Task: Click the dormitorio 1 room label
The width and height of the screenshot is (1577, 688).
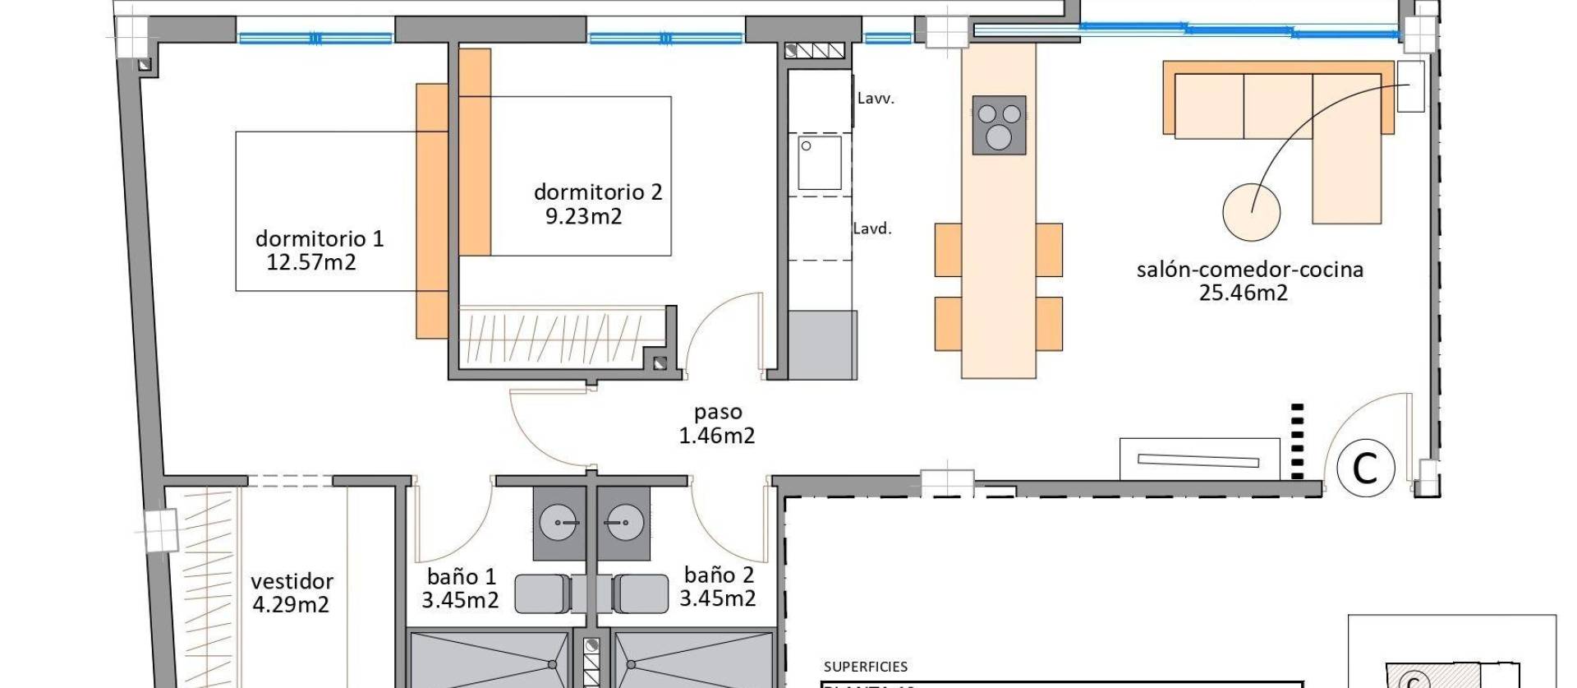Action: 319,238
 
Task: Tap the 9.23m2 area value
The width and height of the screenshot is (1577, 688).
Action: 583,216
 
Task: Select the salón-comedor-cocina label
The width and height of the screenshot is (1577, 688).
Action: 1249,269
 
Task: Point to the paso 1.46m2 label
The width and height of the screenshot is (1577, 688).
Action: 716,423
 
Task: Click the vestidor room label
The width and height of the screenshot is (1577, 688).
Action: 292,581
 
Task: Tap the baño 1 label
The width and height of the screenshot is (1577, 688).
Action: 461,576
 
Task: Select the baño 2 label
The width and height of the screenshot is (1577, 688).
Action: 718,575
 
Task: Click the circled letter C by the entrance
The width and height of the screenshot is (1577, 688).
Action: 1365,468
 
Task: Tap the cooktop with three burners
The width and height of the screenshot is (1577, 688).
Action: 999,125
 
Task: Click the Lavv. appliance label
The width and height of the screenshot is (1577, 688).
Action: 875,99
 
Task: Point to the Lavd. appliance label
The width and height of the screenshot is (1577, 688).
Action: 871,229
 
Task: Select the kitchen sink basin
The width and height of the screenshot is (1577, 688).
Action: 820,163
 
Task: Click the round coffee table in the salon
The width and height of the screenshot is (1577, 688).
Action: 1251,212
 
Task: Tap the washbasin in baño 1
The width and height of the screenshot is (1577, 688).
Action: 559,523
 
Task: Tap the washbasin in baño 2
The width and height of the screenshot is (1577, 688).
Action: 623,523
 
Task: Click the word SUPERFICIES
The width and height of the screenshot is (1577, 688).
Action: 865,667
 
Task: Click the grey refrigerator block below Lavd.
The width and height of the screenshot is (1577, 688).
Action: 822,344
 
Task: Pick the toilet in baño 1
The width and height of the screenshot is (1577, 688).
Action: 542,593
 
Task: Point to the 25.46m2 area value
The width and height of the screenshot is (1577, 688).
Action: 1243,293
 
